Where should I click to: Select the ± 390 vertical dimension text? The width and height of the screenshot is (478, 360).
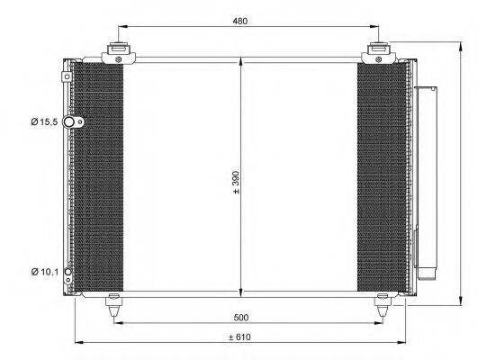(x=236, y=184)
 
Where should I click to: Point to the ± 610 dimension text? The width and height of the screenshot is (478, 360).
(x=239, y=337)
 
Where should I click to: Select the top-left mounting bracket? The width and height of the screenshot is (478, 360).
(x=114, y=54)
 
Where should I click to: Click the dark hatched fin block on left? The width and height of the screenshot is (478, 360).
(x=97, y=175)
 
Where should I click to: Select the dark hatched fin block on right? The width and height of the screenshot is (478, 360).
(x=382, y=175)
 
